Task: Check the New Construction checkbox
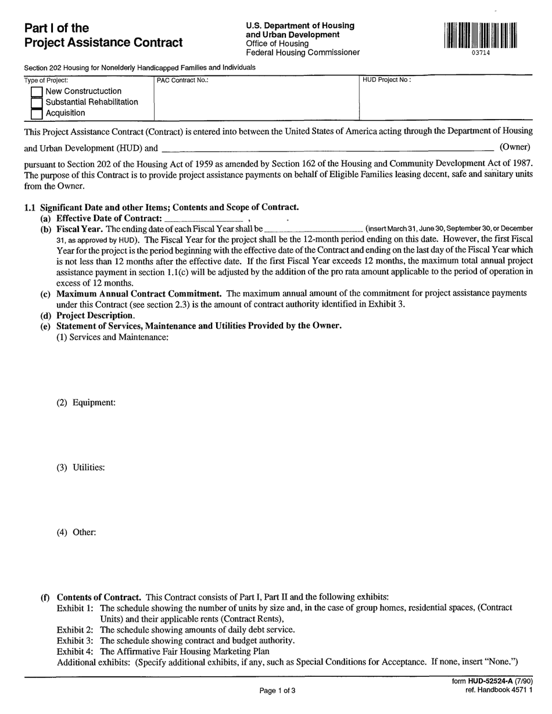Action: [37, 92]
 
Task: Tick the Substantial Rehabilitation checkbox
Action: [37, 103]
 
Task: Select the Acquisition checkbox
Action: [37, 114]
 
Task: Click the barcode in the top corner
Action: [481, 35]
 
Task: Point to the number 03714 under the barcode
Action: [481, 53]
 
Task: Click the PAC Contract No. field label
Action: [182, 81]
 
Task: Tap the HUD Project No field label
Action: [386, 80]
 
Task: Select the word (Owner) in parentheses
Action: [515, 147]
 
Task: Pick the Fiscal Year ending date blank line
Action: [314, 229]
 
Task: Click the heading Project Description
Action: [95, 316]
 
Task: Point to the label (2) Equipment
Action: [86, 402]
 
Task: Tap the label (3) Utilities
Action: [81, 467]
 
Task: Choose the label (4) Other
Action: [76, 532]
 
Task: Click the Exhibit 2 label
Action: [75, 629]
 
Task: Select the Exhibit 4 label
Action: [75, 651]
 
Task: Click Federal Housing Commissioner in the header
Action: [303, 53]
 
